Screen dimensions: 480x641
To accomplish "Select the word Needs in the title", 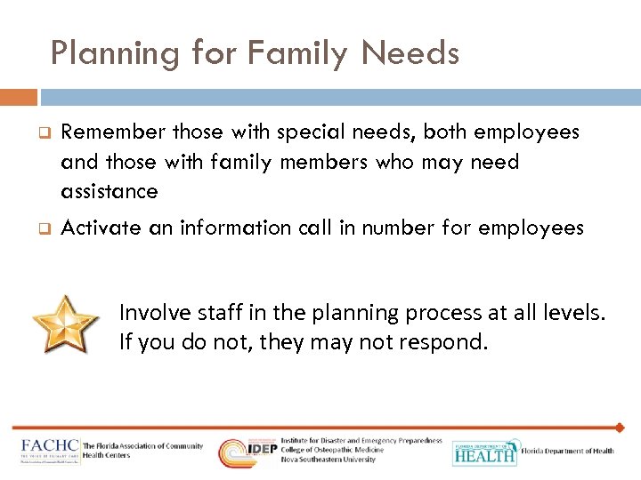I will [x=410, y=54].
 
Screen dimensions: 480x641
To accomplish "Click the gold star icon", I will [x=64, y=322].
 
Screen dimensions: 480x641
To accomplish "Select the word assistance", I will [x=110, y=191].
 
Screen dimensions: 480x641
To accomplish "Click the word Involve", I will [x=151, y=312].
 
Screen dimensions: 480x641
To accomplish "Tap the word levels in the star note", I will [x=571, y=312].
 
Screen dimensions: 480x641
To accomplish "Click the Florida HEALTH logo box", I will [x=484, y=452].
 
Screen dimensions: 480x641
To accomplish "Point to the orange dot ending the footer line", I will [x=620, y=428].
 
